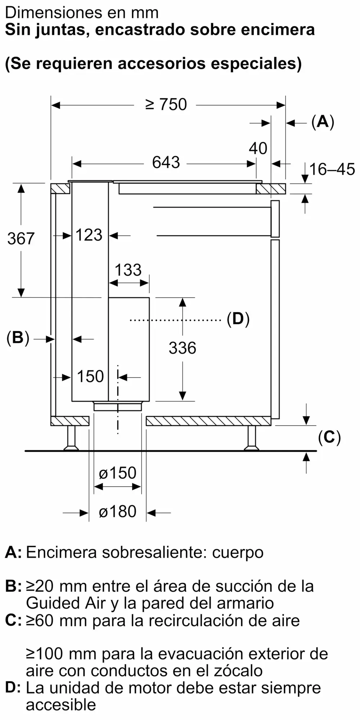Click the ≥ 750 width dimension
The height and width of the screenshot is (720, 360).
point(166,104)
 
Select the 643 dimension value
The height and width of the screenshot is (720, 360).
point(166,162)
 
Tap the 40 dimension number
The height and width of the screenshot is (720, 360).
point(258,148)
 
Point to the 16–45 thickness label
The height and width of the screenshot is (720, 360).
point(332,169)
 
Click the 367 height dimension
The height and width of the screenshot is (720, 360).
point(21,239)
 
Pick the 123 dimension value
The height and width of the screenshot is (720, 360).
point(89,235)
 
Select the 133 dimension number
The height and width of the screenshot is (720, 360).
point(128,270)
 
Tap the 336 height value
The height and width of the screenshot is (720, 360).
point(183,348)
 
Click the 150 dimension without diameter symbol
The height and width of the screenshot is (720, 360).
point(90,377)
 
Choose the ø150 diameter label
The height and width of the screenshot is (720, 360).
point(118,473)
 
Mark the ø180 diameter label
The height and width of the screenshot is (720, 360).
point(118,512)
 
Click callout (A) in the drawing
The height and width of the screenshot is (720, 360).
point(323,122)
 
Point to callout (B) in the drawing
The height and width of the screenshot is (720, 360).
point(18,338)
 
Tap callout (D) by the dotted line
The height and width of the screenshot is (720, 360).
point(238,319)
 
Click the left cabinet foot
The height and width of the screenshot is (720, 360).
point(71,438)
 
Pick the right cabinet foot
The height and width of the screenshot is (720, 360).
point(251,438)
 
